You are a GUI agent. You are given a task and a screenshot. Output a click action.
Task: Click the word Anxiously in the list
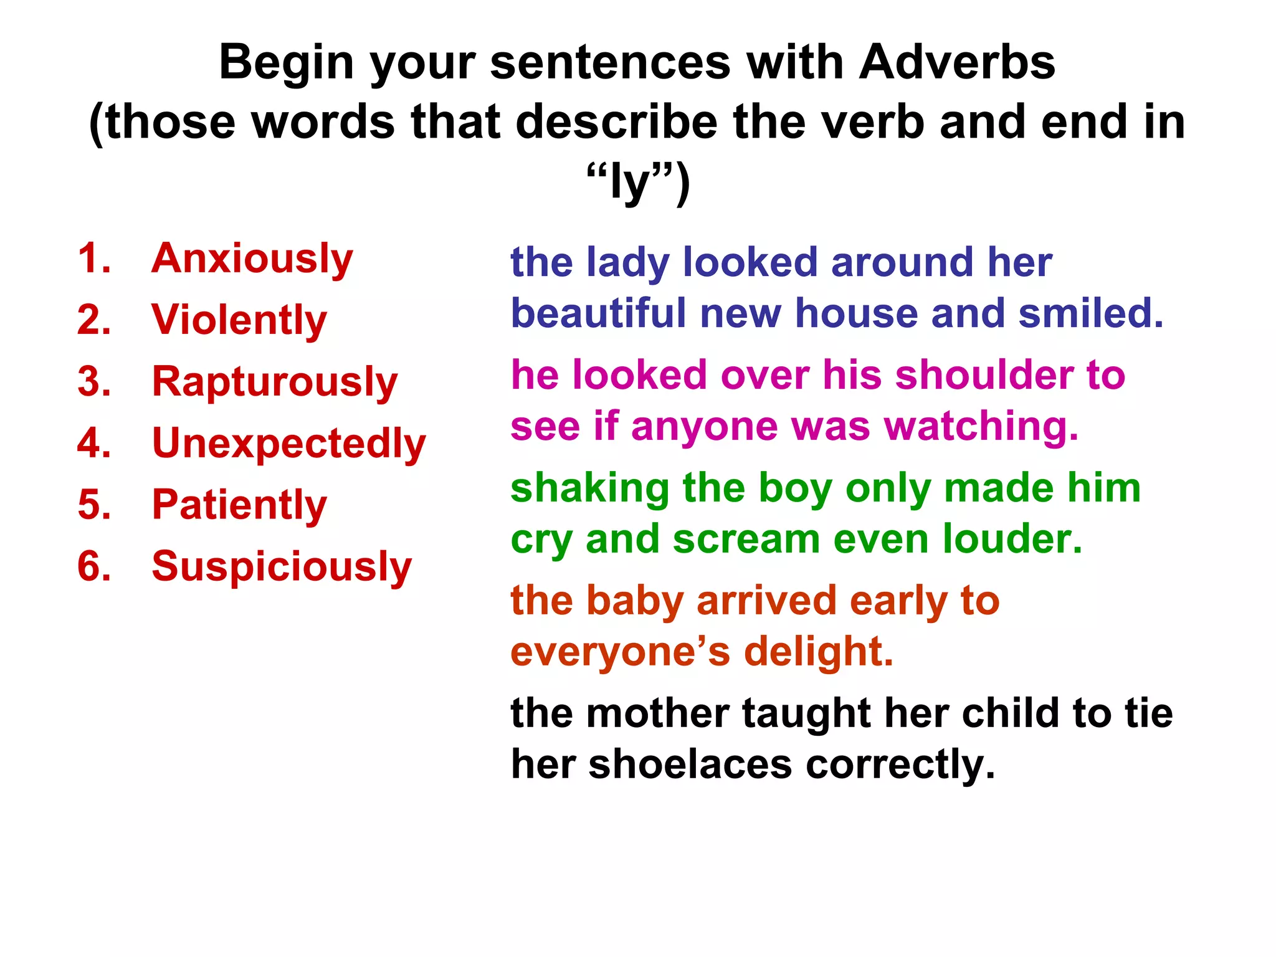252,259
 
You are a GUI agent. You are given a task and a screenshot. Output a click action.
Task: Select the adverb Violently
239,320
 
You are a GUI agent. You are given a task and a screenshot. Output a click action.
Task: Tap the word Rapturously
275,381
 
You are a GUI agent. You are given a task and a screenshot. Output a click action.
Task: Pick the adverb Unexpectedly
289,443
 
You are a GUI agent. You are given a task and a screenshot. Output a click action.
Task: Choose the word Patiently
239,505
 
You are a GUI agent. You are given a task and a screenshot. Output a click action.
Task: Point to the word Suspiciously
282,566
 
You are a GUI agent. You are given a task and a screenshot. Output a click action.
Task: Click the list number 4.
94,443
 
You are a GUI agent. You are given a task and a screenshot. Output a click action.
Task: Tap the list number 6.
94,566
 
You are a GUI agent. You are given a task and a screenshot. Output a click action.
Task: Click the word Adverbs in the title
957,62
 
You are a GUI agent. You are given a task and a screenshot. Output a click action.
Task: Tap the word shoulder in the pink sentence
984,375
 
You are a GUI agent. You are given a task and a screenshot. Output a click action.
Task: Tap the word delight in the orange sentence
819,652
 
